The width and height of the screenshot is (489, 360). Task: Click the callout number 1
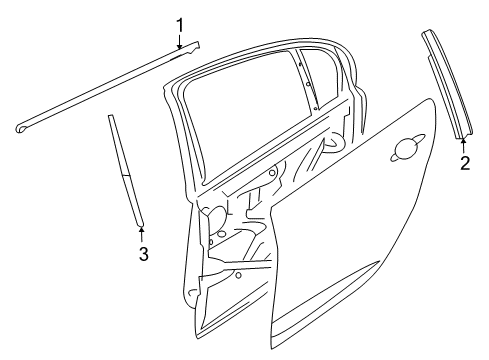coord(180,23)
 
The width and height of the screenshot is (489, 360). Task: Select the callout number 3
coord(143,254)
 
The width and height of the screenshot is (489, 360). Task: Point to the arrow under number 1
coord(180,41)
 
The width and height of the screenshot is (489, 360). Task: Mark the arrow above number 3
coord(142,234)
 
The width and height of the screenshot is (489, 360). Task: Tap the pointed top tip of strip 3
coord(109,117)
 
